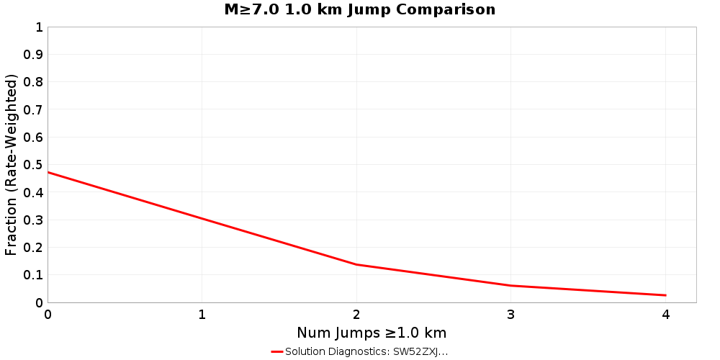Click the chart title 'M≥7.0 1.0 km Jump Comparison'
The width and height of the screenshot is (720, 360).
360,10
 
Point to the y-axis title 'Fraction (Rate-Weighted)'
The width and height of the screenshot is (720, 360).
12,165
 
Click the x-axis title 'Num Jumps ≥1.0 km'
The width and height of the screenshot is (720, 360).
372,333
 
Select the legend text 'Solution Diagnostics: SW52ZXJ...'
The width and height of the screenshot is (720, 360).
366,352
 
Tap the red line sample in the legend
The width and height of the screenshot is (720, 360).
277,352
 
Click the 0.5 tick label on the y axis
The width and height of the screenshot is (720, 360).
33,165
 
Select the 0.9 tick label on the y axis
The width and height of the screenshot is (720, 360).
33,55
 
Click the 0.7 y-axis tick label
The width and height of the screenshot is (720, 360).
33,109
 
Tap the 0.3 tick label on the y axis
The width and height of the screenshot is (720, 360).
33,220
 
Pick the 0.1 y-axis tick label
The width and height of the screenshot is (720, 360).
33,275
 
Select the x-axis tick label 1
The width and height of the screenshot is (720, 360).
202,315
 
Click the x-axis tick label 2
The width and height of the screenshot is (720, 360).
357,315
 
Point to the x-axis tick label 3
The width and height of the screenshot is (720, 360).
511,315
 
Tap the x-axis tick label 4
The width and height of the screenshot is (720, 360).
666,315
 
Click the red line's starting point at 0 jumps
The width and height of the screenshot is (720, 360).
48,172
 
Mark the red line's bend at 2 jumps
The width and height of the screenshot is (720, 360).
357,264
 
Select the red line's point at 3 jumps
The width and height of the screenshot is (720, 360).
511,286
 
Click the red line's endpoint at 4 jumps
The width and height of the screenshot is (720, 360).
666,295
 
